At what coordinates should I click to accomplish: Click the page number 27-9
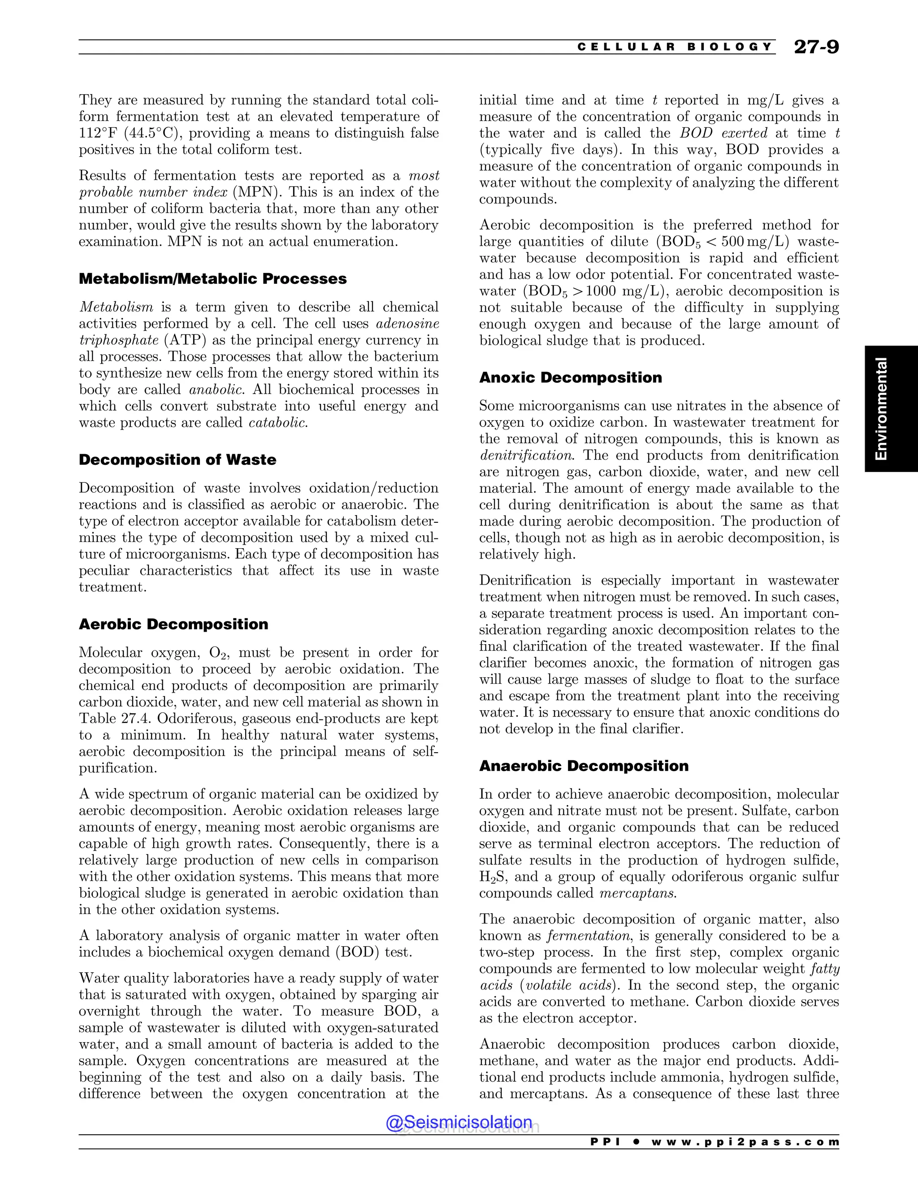816,47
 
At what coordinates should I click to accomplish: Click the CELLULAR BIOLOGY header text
674,47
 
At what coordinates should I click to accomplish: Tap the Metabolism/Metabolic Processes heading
212,278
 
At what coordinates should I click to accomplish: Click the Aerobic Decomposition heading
173,624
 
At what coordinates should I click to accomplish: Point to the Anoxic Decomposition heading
571,377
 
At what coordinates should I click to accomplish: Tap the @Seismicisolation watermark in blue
459,1122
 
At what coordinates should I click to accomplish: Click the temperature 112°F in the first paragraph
96,133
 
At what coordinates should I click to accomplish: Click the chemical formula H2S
493,877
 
